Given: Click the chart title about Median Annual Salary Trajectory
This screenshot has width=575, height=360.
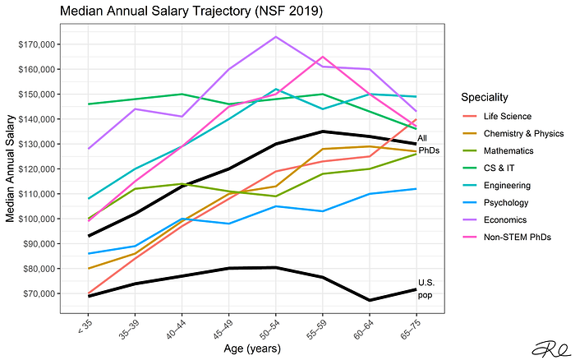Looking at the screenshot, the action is pos(191,11).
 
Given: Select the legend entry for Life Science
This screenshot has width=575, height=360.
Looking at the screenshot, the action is pos(497,117).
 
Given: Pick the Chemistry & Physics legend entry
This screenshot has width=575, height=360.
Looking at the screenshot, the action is pos(513,134).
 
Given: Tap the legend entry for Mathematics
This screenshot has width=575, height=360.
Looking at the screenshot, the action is pos(498,151).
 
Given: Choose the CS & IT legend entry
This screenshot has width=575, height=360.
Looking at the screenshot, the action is pos(489,168).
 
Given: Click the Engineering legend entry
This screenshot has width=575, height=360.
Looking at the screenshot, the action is pos(496,185).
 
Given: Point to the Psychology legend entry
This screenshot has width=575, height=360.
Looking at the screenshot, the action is pos(495,202).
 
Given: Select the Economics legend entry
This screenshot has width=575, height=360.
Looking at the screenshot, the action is pos(494,219).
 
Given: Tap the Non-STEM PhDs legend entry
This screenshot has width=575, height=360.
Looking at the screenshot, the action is pos(507,237).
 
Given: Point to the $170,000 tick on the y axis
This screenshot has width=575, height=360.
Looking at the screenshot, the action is pos(37,44).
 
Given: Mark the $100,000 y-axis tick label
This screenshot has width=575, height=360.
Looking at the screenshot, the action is pos(37,219).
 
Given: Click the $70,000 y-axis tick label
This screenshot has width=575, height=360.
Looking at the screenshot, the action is pos(39,293).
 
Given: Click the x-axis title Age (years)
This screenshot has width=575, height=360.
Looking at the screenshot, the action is pos(252,348).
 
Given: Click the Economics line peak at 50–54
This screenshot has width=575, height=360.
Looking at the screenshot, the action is pos(276,37).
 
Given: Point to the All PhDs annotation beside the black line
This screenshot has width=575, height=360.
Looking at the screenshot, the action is pos(428,144).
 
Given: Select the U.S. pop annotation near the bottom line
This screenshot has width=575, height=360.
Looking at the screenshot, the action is pos(426,288).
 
